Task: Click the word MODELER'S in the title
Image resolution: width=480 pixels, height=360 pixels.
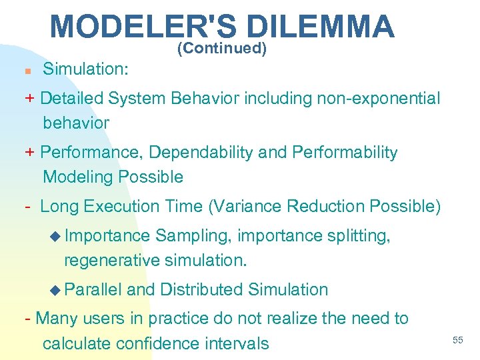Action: (x=143, y=27)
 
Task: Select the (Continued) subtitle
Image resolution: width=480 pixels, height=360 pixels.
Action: (x=222, y=49)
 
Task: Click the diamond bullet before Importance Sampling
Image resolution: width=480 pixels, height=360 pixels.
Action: (x=56, y=236)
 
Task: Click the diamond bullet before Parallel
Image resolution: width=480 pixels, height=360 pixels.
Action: (x=56, y=290)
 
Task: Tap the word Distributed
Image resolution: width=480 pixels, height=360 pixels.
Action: (x=202, y=290)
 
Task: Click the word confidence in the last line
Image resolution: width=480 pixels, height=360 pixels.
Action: (x=158, y=343)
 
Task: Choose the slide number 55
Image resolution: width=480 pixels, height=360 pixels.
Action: (x=457, y=341)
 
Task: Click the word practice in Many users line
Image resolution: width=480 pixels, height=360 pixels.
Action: (x=177, y=319)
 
